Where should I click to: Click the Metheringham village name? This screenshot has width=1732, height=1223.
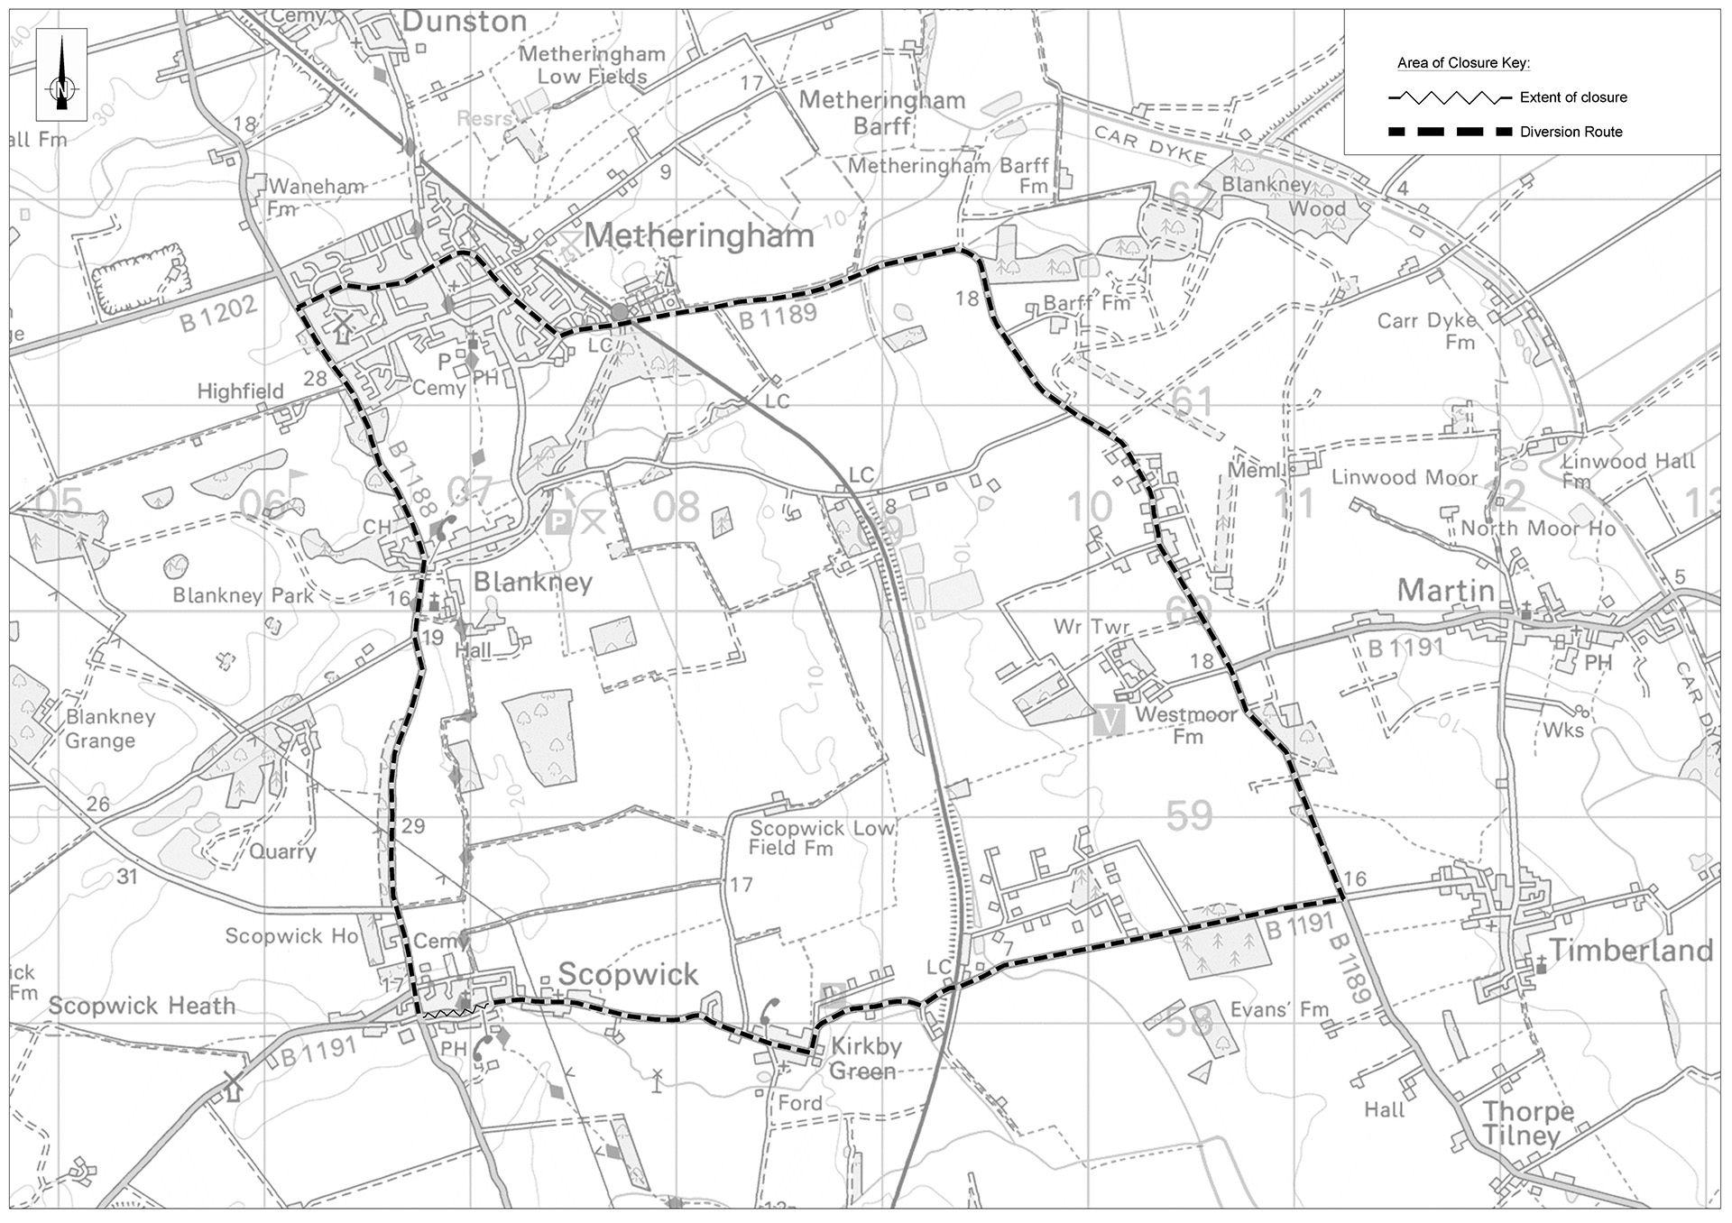pyautogui.click(x=699, y=236)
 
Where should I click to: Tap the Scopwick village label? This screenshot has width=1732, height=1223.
pyautogui.click(x=628, y=974)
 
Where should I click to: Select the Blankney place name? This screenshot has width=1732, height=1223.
pyautogui.click(x=532, y=582)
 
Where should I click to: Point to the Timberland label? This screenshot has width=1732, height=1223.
pyautogui.click(x=1630, y=950)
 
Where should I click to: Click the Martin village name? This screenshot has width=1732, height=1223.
pyautogui.click(x=1445, y=591)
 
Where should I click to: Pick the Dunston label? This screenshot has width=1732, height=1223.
pyautogui.click(x=464, y=22)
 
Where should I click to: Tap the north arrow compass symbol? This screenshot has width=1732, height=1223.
pyautogui.click(x=61, y=75)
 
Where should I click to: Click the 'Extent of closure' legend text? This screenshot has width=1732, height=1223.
pyautogui.click(x=1573, y=97)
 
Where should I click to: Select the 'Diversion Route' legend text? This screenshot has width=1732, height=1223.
pyautogui.click(x=1571, y=132)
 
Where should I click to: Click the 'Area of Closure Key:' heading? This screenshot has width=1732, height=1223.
pyautogui.click(x=1463, y=63)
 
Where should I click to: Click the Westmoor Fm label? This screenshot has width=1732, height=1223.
pyautogui.click(x=1185, y=725)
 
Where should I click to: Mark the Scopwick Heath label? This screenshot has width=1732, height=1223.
pyautogui.click(x=142, y=1006)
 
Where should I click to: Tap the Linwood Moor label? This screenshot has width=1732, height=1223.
pyautogui.click(x=1405, y=478)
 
